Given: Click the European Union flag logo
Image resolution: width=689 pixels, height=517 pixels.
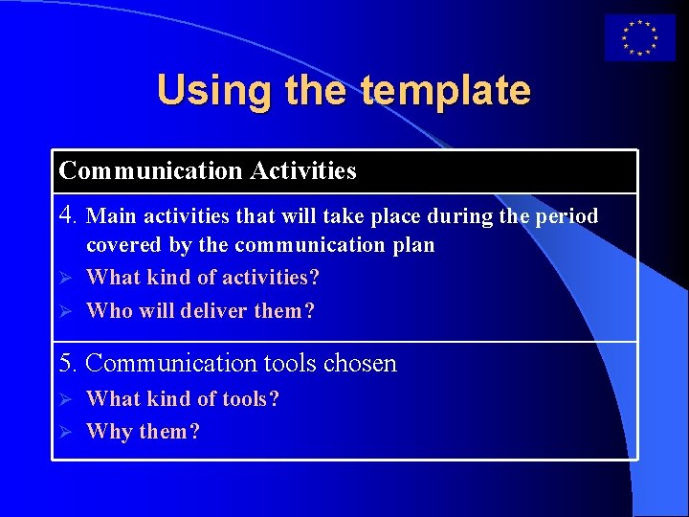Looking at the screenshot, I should click(x=639, y=38).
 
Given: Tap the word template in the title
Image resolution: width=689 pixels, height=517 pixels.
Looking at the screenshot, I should click(x=445, y=90).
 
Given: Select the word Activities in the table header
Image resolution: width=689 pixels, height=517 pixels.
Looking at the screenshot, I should click(x=303, y=171).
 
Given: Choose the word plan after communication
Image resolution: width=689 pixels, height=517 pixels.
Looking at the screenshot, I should click(x=411, y=245).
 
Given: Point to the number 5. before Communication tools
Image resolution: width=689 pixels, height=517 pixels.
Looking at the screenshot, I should click(x=68, y=364).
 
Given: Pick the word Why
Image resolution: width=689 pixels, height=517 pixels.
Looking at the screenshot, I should click(x=109, y=432).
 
